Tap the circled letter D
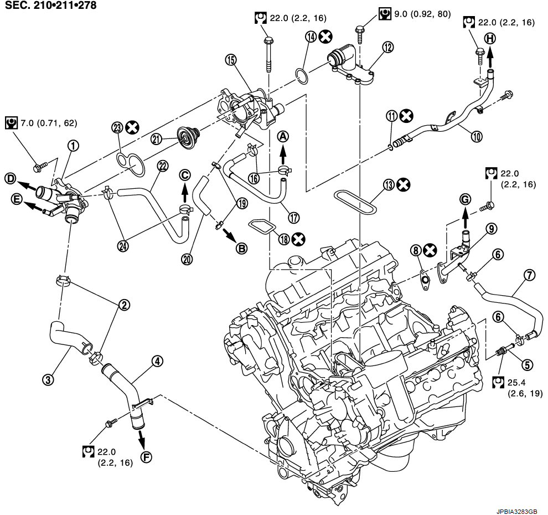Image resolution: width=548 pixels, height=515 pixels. point(10,178)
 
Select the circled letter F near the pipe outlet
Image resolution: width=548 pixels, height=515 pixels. point(146,457)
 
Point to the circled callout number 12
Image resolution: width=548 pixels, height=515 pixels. point(387,48)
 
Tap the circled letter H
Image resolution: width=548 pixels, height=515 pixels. point(490,38)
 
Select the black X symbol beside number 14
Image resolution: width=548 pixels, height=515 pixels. point(327,37)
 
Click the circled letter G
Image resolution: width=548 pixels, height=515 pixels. point(465,198)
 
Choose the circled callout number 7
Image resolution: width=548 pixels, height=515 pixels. point(529,275)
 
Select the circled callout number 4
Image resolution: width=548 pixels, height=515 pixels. point(158,362)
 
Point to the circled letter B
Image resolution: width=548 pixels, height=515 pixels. point(241,249)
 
